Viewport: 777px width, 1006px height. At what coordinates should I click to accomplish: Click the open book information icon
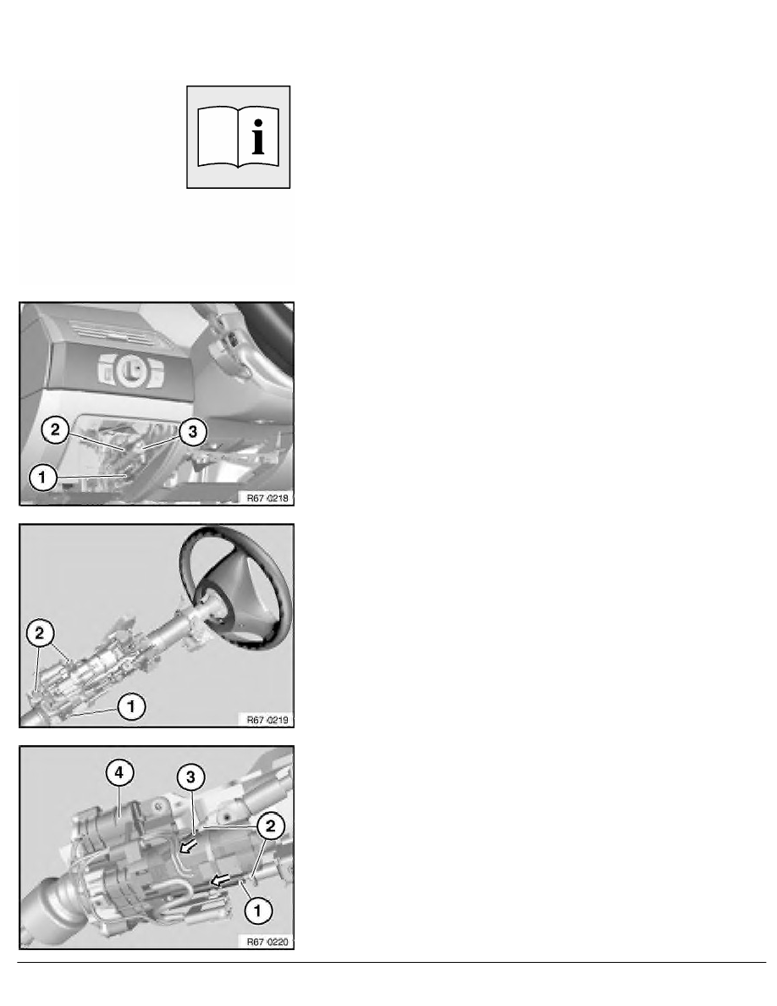[x=238, y=136]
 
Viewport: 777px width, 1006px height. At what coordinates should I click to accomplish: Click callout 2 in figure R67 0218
[x=53, y=430]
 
